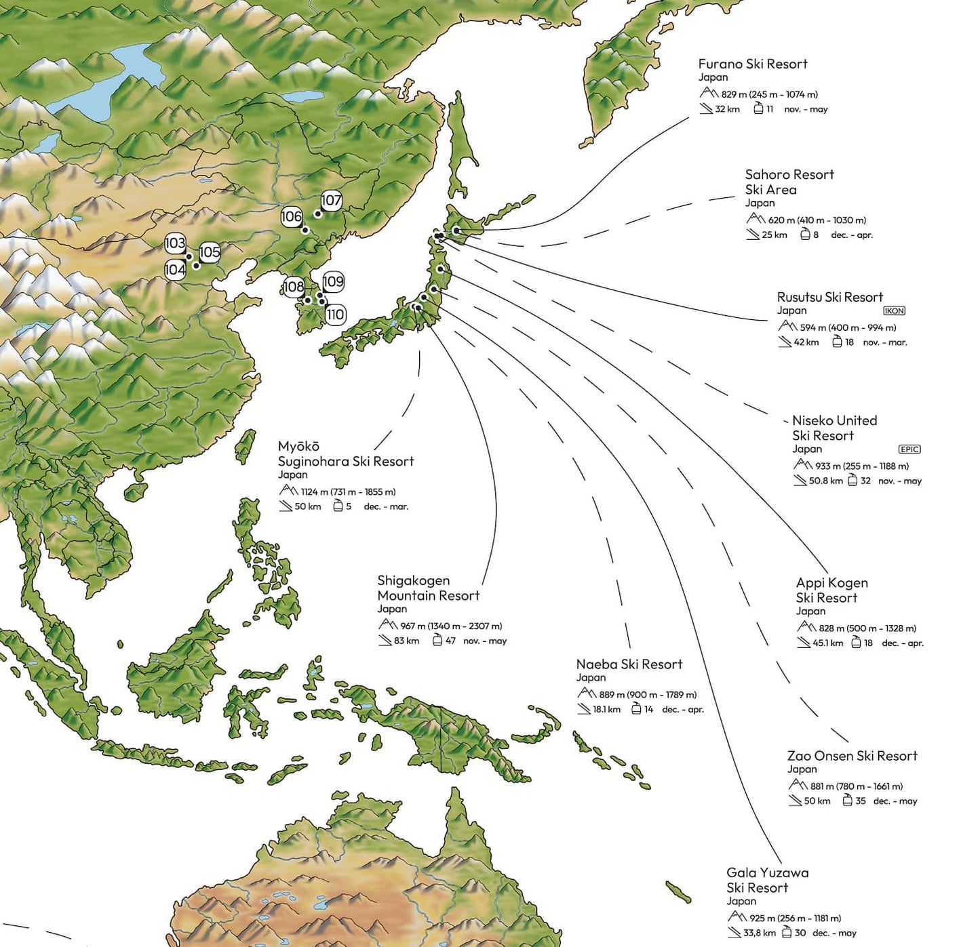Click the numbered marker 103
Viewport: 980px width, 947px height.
175,243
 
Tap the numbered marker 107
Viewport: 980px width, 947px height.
331,201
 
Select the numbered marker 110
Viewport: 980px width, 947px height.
335,315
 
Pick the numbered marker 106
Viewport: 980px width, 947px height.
291,217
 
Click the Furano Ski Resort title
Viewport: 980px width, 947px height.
753,64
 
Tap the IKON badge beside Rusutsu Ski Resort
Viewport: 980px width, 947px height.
894,311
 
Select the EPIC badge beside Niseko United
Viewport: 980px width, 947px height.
909,449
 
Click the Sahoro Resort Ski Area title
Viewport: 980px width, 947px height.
789,182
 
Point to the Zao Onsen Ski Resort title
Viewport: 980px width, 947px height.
852,756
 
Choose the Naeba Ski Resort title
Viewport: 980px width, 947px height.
629,664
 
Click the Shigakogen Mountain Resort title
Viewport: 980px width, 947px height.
428,588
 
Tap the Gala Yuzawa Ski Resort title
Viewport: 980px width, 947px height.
767,880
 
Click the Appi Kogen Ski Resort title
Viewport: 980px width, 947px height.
831,590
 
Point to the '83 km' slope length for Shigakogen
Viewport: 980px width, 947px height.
406,641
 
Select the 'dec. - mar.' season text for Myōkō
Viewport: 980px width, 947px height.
386,506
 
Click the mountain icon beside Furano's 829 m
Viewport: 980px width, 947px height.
709,93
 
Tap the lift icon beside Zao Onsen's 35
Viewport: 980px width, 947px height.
847,801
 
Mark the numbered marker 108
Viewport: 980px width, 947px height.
294,287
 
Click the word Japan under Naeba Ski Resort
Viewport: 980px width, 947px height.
591,677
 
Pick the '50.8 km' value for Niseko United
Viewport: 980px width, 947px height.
825,481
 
